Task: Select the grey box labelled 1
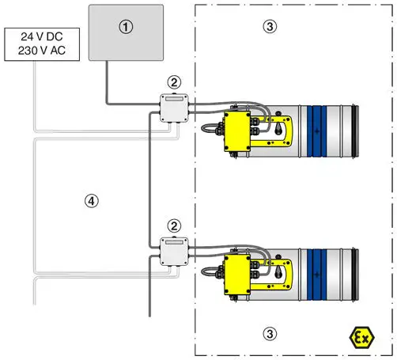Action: (x=126, y=32)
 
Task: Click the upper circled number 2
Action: (x=172, y=82)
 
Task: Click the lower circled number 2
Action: (x=172, y=225)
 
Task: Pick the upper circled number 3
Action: (x=270, y=26)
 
